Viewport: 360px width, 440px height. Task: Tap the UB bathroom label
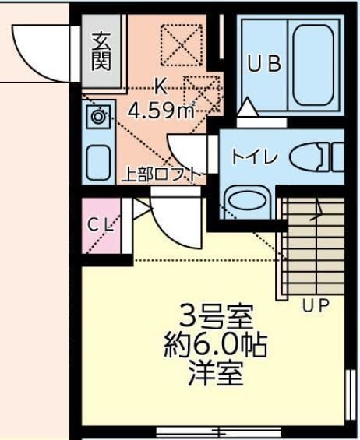click(264, 64)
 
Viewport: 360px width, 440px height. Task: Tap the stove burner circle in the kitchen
click(98, 118)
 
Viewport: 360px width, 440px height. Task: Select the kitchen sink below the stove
click(98, 161)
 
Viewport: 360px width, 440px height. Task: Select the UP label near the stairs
click(315, 304)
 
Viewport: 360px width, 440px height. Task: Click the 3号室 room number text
click(215, 317)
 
